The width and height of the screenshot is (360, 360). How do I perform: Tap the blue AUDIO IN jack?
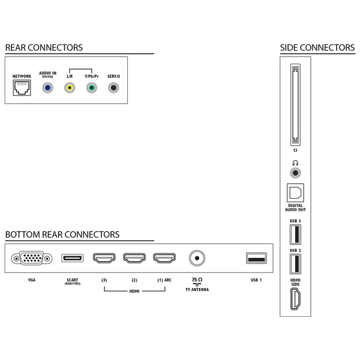[48, 88]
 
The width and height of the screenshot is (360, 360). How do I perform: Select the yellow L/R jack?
[70, 88]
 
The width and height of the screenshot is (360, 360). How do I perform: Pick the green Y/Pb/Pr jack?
[91, 88]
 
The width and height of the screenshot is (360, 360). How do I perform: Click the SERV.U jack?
[113, 88]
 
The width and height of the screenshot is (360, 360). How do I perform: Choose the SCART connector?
[73, 259]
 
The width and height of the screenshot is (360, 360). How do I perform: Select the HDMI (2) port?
[134, 259]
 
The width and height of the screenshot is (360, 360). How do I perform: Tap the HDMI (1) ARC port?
[164, 259]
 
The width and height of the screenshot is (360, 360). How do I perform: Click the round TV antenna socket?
[196, 259]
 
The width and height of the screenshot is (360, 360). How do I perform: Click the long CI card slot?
[295, 105]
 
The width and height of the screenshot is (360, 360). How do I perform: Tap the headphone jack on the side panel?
[295, 173]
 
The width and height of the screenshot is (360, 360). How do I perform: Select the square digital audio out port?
[295, 193]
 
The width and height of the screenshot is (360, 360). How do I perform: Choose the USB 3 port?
[295, 233]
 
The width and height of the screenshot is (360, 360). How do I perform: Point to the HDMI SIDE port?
[295, 298]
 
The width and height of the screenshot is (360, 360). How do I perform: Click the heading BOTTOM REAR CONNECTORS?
[62, 235]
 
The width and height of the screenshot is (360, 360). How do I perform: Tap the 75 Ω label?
[197, 280]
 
